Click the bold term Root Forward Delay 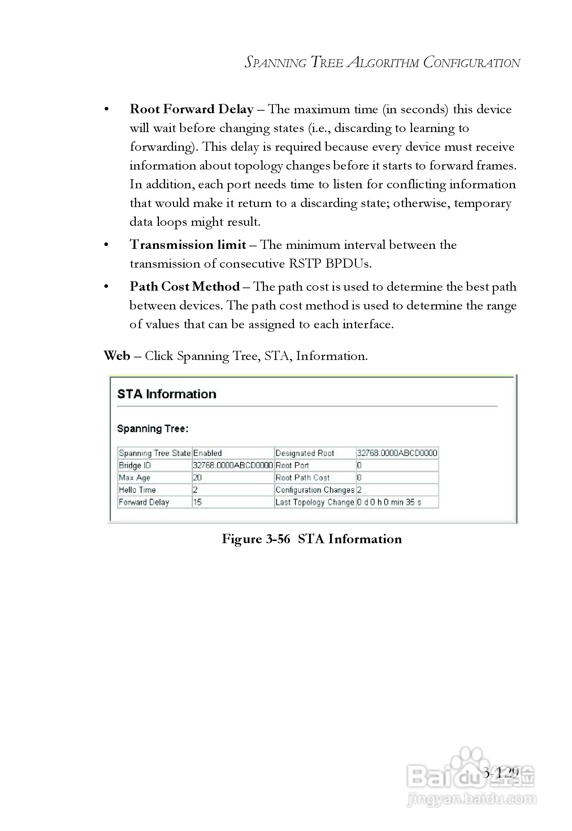click(x=191, y=109)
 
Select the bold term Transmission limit click(x=188, y=245)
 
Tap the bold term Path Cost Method click(x=185, y=287)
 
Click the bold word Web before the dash click(x=117, y=356)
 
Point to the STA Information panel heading click(x=166, y=394)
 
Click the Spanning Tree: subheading click(x=152, y=429)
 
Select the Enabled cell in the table click(x=208, y=453)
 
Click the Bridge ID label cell click(x=135, y=465)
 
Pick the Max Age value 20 click(x=197, y=478)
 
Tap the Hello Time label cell click(x=137, y=490)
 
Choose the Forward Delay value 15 click(x=197, y=502)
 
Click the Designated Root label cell click(x=304, y=453)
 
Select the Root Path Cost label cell click(x=302, y=478)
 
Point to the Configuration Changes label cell click(x=315, y=490)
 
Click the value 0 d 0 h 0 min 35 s click(x=389, y=502)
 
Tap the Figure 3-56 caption click(x=312, y=539)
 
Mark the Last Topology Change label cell click(x=315, y=502)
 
